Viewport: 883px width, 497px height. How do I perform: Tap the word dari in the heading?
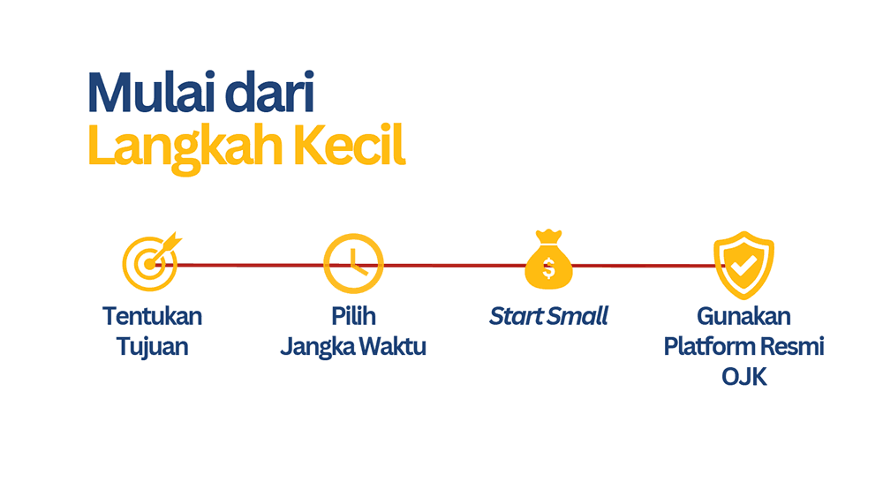(x=268, y=93)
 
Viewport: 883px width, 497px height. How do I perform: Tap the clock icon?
(x=352, y=263)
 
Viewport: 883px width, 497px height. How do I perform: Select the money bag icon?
(x=548, y=260)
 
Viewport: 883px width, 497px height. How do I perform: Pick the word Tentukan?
(x=152, y=316)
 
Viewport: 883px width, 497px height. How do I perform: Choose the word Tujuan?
(x=152, y=346)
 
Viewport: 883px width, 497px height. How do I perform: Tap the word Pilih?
(x=352, y=316)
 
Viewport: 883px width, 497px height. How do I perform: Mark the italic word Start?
(x=516, y=316)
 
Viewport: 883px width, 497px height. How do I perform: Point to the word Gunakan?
(x=743, y=316)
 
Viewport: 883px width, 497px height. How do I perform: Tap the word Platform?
(x=706, y=346)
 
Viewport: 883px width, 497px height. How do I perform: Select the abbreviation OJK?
(x=743, y=377)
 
